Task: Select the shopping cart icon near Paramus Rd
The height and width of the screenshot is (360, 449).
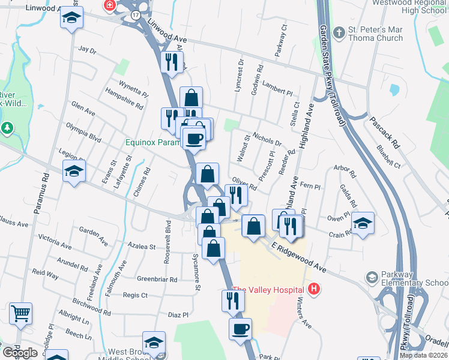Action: click(x=20, y=313)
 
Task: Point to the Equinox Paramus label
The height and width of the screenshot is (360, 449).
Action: click(x=152, y=143)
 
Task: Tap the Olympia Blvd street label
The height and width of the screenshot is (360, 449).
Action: click(x=87, y=131)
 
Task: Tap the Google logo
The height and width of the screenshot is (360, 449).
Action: click(x=20, y=353)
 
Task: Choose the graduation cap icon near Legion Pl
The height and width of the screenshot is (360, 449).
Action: click(x=74, y=171)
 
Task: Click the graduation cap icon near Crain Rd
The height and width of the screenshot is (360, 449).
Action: click(x=363, y=223)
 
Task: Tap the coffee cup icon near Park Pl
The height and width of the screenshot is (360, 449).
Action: click(x=240, y=329)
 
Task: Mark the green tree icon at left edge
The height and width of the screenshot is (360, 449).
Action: click(x=7, y=128)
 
